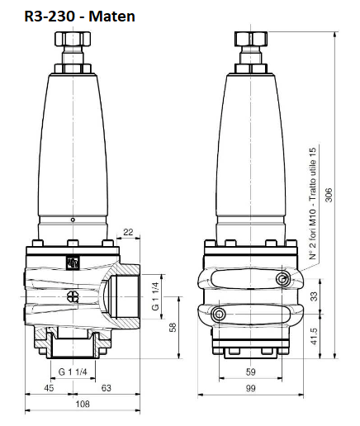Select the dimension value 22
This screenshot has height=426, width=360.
coord(128,232)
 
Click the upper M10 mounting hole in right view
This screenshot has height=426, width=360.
coord(285,279)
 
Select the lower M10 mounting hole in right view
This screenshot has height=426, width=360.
coord(220,315)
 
